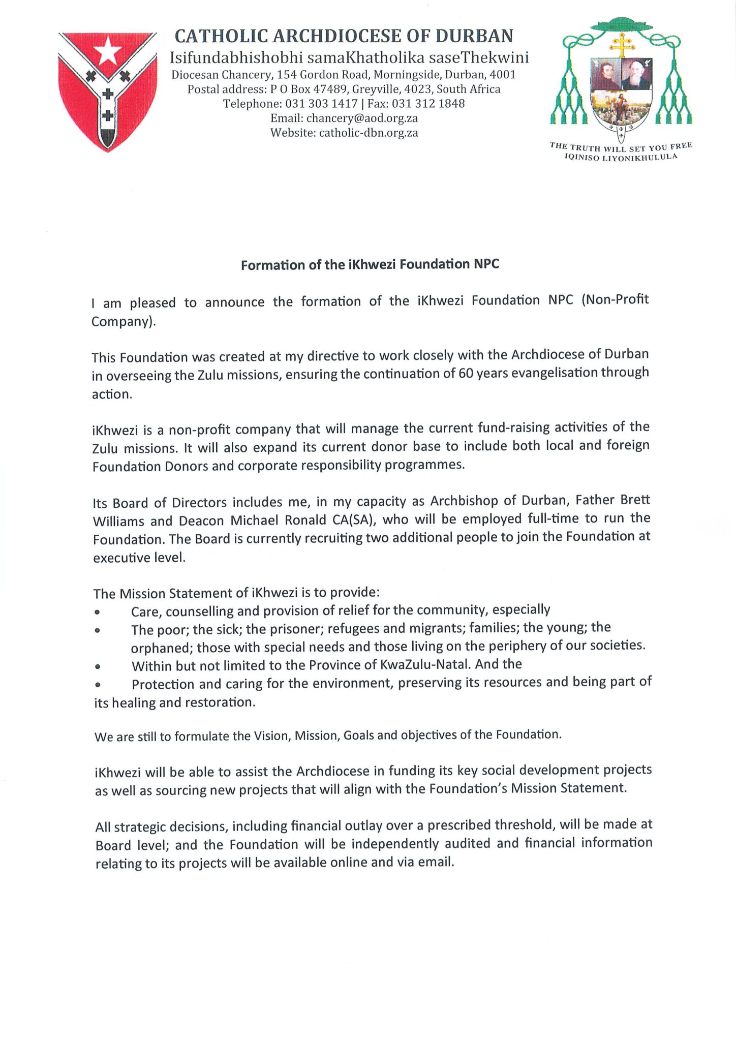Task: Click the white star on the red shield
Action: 108,53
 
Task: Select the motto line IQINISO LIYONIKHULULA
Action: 621,158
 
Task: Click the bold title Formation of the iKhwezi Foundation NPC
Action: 370,265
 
